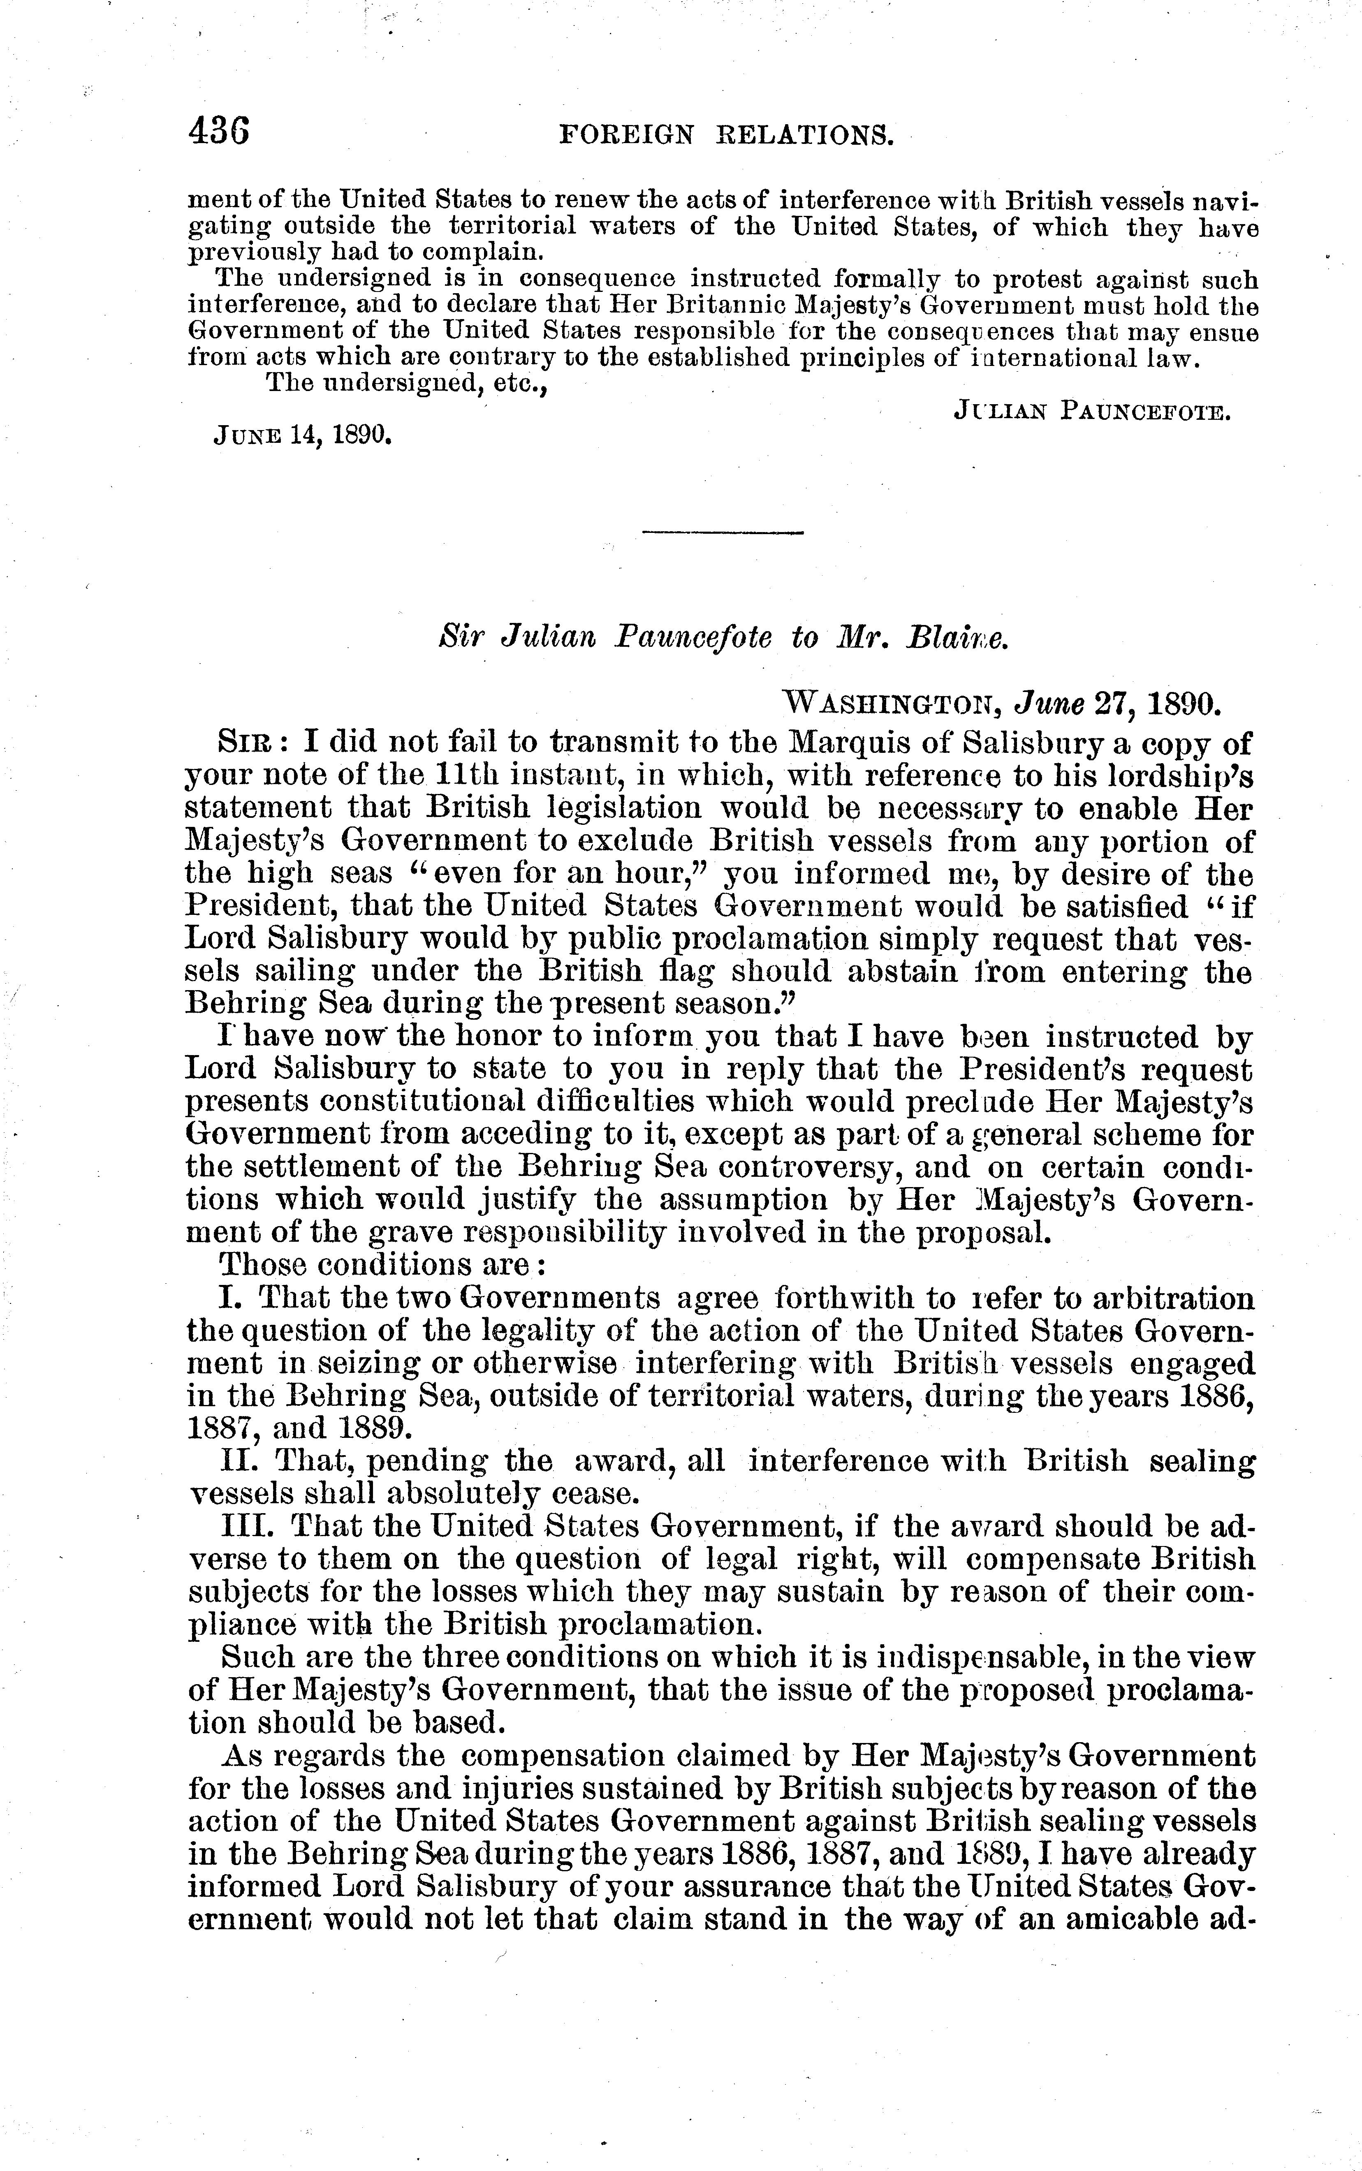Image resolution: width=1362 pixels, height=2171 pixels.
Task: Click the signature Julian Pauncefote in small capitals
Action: (1092, 412)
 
